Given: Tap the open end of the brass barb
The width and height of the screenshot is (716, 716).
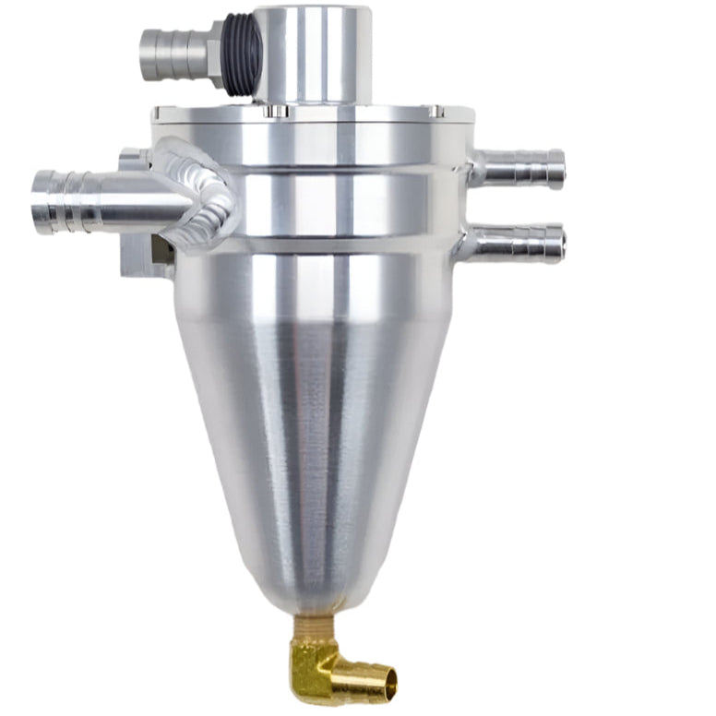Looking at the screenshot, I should [x=391, y=682].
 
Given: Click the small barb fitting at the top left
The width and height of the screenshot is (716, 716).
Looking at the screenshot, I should [x=171, y=54].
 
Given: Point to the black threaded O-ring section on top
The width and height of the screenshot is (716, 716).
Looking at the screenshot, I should [x=238, y=55].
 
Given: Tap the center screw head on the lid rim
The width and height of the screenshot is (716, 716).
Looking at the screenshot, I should [x=274, y=112].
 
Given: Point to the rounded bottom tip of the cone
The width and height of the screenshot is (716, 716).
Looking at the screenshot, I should [x=314, y=604].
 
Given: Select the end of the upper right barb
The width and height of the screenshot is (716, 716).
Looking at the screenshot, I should [x=557, y=168].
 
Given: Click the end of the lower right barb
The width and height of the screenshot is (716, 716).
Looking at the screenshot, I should [x=557, y=244].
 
